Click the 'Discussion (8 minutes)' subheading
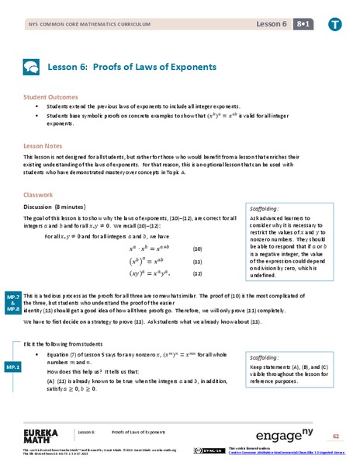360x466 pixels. point(61,207)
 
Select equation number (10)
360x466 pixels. point(197,249)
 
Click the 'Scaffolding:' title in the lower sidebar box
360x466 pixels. point(266,356)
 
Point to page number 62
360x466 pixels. point(336,436)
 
